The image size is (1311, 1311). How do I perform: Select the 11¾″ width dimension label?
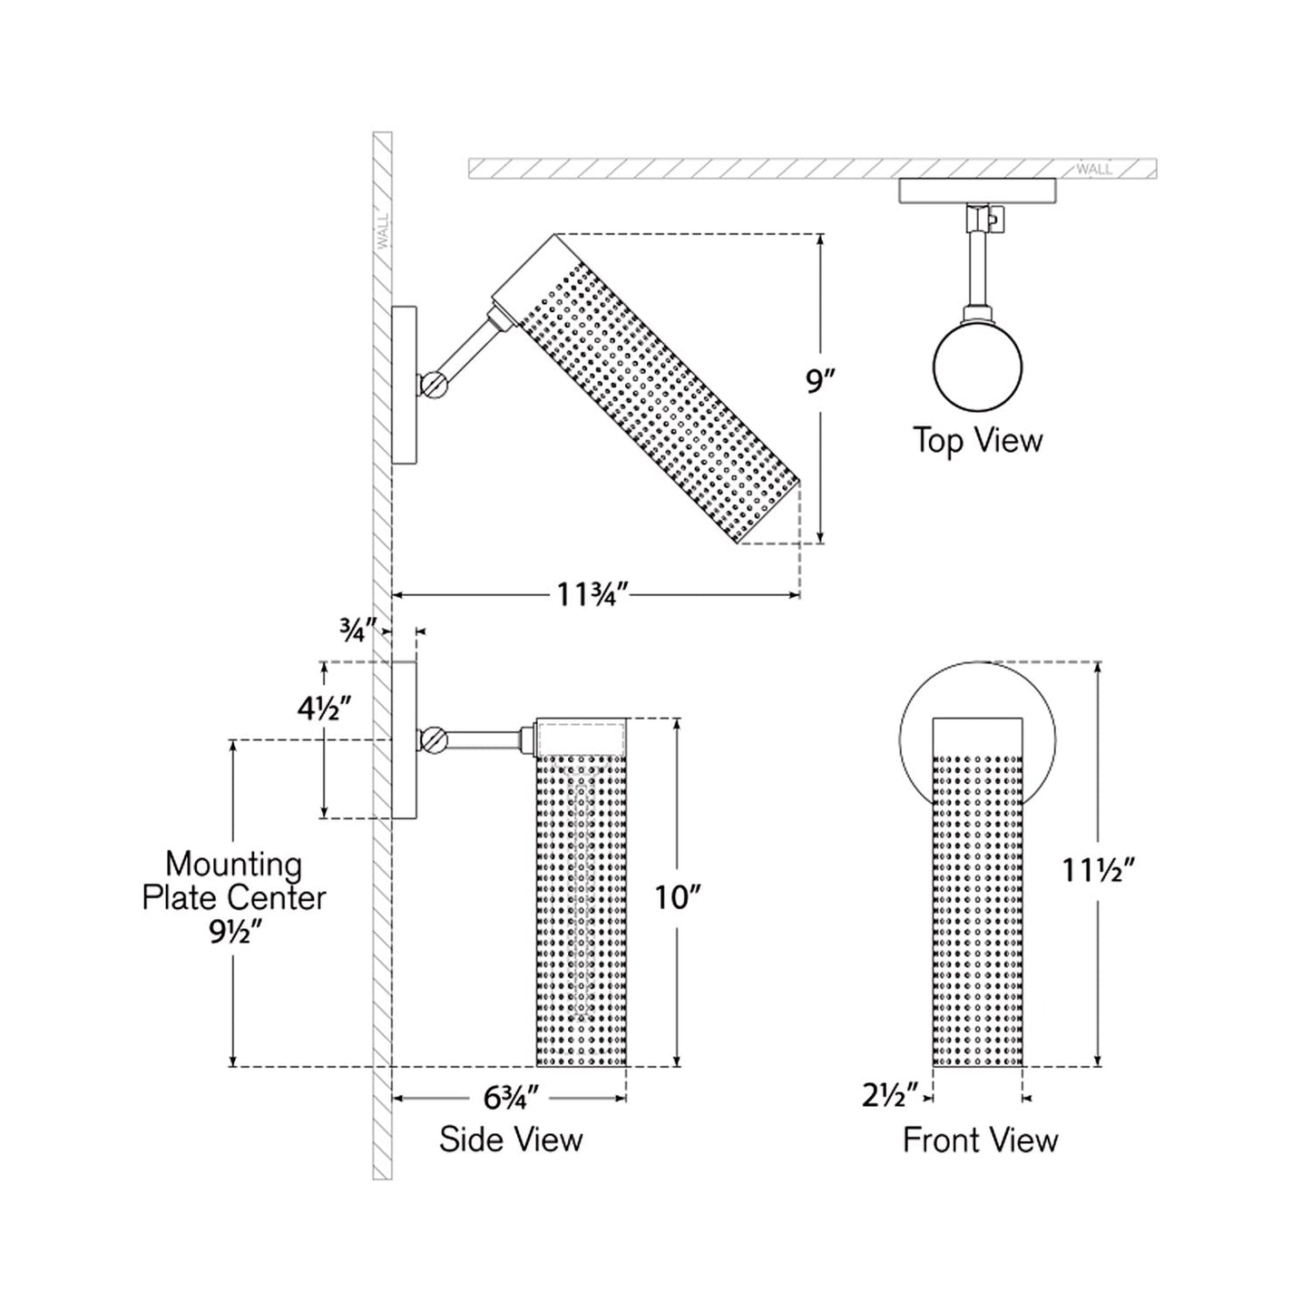pos(593,595)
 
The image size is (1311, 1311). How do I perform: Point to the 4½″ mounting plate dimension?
pos(324,707)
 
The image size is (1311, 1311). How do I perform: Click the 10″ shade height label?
pos(679,897)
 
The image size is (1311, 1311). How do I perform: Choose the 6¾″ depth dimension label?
pos(511,1098)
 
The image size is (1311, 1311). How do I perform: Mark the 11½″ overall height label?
pos(1099,871)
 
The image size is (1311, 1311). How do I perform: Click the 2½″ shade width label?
pos(890,1096)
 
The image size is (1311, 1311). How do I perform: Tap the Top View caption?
pos(977,441)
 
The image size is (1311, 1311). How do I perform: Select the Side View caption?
pos(511,1140)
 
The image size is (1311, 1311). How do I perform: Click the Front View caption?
pos(980,1140)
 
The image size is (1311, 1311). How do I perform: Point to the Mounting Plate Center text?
pos(233,881)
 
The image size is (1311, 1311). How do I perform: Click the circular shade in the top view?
pos(977,367)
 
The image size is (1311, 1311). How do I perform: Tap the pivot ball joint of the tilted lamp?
pos(434,385)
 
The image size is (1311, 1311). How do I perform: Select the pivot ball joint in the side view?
pos(434,739)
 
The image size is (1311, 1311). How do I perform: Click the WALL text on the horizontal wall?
pos(1093,169)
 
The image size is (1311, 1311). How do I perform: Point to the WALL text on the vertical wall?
pos(381,232)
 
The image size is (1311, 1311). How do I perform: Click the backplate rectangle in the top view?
pos(977,191)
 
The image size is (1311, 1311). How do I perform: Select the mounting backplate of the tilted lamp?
pos(404,385)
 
